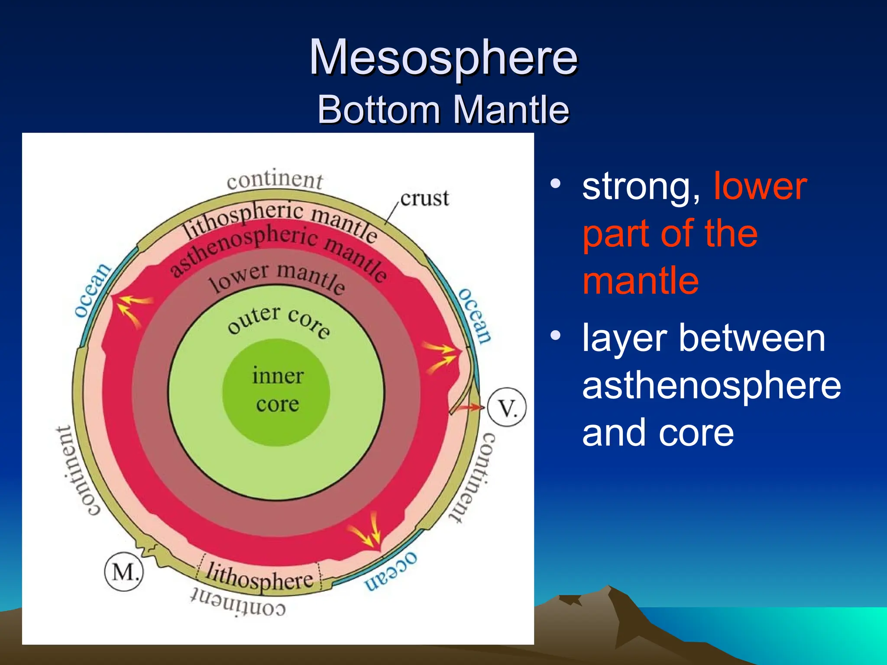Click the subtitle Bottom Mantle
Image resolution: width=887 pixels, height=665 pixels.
(x=443, y=110)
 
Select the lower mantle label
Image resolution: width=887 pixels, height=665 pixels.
(x=277, y=277)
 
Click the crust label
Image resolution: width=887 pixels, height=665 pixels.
(x=424, y=199)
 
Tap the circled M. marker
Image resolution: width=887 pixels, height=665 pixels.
(x=124, y=572)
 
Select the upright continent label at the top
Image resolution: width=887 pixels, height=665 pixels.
(x=275, y=180)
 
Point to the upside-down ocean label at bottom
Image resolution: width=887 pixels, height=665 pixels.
(x=391, y=571)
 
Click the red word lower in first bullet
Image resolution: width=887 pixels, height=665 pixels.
(x=760, y=187)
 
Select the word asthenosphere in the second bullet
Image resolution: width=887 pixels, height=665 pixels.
(x=711, y=385)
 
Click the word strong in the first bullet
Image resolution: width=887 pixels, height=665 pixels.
(x=640, y=187)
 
